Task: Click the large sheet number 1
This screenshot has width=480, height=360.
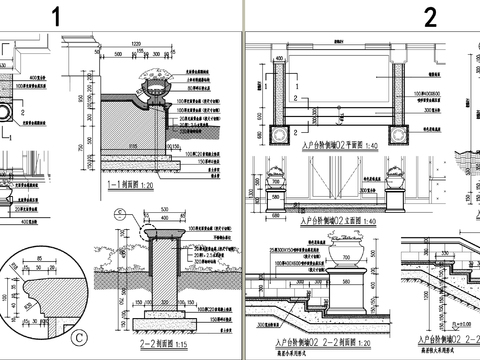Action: point(57,16)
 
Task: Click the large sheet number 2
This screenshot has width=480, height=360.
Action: point(430,16)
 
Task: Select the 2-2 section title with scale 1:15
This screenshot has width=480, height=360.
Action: point(151,339)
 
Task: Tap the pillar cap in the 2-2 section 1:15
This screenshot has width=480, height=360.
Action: point(160,237)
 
